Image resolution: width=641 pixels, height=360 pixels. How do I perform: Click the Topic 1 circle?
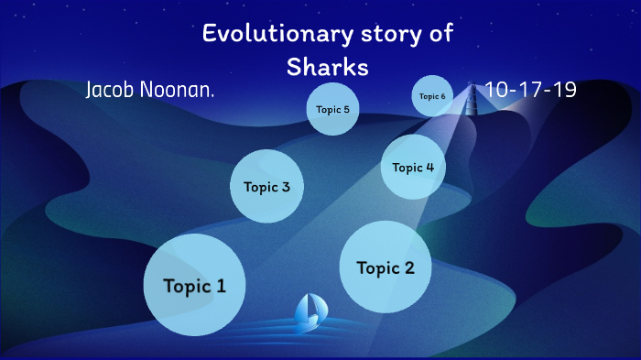point(194,285)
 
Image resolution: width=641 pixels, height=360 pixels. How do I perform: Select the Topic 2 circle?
point(386,267)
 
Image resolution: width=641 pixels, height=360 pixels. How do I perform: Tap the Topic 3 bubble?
point(266,187)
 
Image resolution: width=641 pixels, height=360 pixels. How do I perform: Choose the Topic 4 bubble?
point(413,167)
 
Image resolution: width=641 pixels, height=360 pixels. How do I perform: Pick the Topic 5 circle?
point(331,109)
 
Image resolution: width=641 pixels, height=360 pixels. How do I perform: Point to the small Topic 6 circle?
point(432,96)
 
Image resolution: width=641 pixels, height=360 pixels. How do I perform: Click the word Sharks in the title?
point(327,67)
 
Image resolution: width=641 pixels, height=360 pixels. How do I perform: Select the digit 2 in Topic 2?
point(408,267)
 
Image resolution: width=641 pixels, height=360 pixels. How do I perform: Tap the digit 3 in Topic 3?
point(286,187)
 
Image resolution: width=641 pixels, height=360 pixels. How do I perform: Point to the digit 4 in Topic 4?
point(429,167)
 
